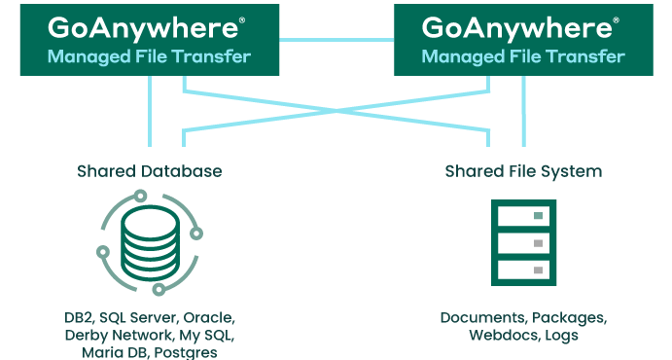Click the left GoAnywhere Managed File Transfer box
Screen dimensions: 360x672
pyautogui.click(x=149, y=39)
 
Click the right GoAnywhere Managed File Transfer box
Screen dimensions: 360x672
pyautogui.click(x=523, y=39)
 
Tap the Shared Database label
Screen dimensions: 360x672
pyautogui.click(x=150, y=171)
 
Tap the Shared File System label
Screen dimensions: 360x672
pyautogui.click(x=523, y=171)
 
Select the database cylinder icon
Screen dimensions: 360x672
pyautogui.click(x=150, y=244)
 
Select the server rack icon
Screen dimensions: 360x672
pyautogui.click(x=523, y=241)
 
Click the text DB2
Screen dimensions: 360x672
pyautogui.click(x=79, y=318)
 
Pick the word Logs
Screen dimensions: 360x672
pyautogui.click(x=562, y=336)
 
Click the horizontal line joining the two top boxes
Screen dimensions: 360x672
pyautogui.click(x=336, y=39)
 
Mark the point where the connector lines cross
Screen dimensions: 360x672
pyautogui.click(x=336, y=110)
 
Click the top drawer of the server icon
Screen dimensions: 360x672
pyautogui.click(x=523, y=215)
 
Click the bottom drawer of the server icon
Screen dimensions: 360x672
pyautogui.click(x=523, y=268)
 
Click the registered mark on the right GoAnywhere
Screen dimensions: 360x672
pyautogui.click(x=614, y=18)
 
